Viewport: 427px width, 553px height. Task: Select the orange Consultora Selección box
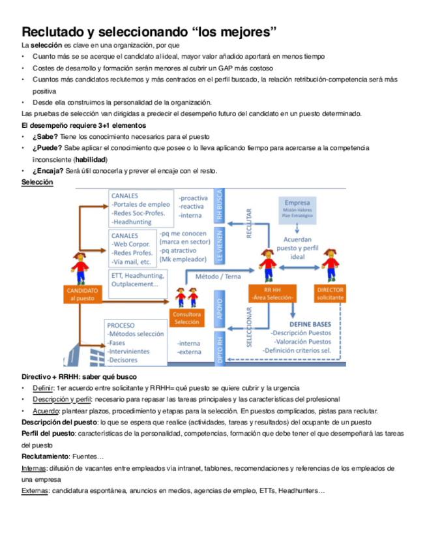tap(186, 318)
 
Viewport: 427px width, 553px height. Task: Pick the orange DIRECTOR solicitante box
tap(331, 293)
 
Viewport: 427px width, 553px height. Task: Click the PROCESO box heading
tap(121, 325)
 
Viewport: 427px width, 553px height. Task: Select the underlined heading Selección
tap(37, 183)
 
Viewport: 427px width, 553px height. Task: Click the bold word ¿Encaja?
tap(48, 171)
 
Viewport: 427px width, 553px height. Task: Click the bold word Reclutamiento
tap(44, 456)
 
